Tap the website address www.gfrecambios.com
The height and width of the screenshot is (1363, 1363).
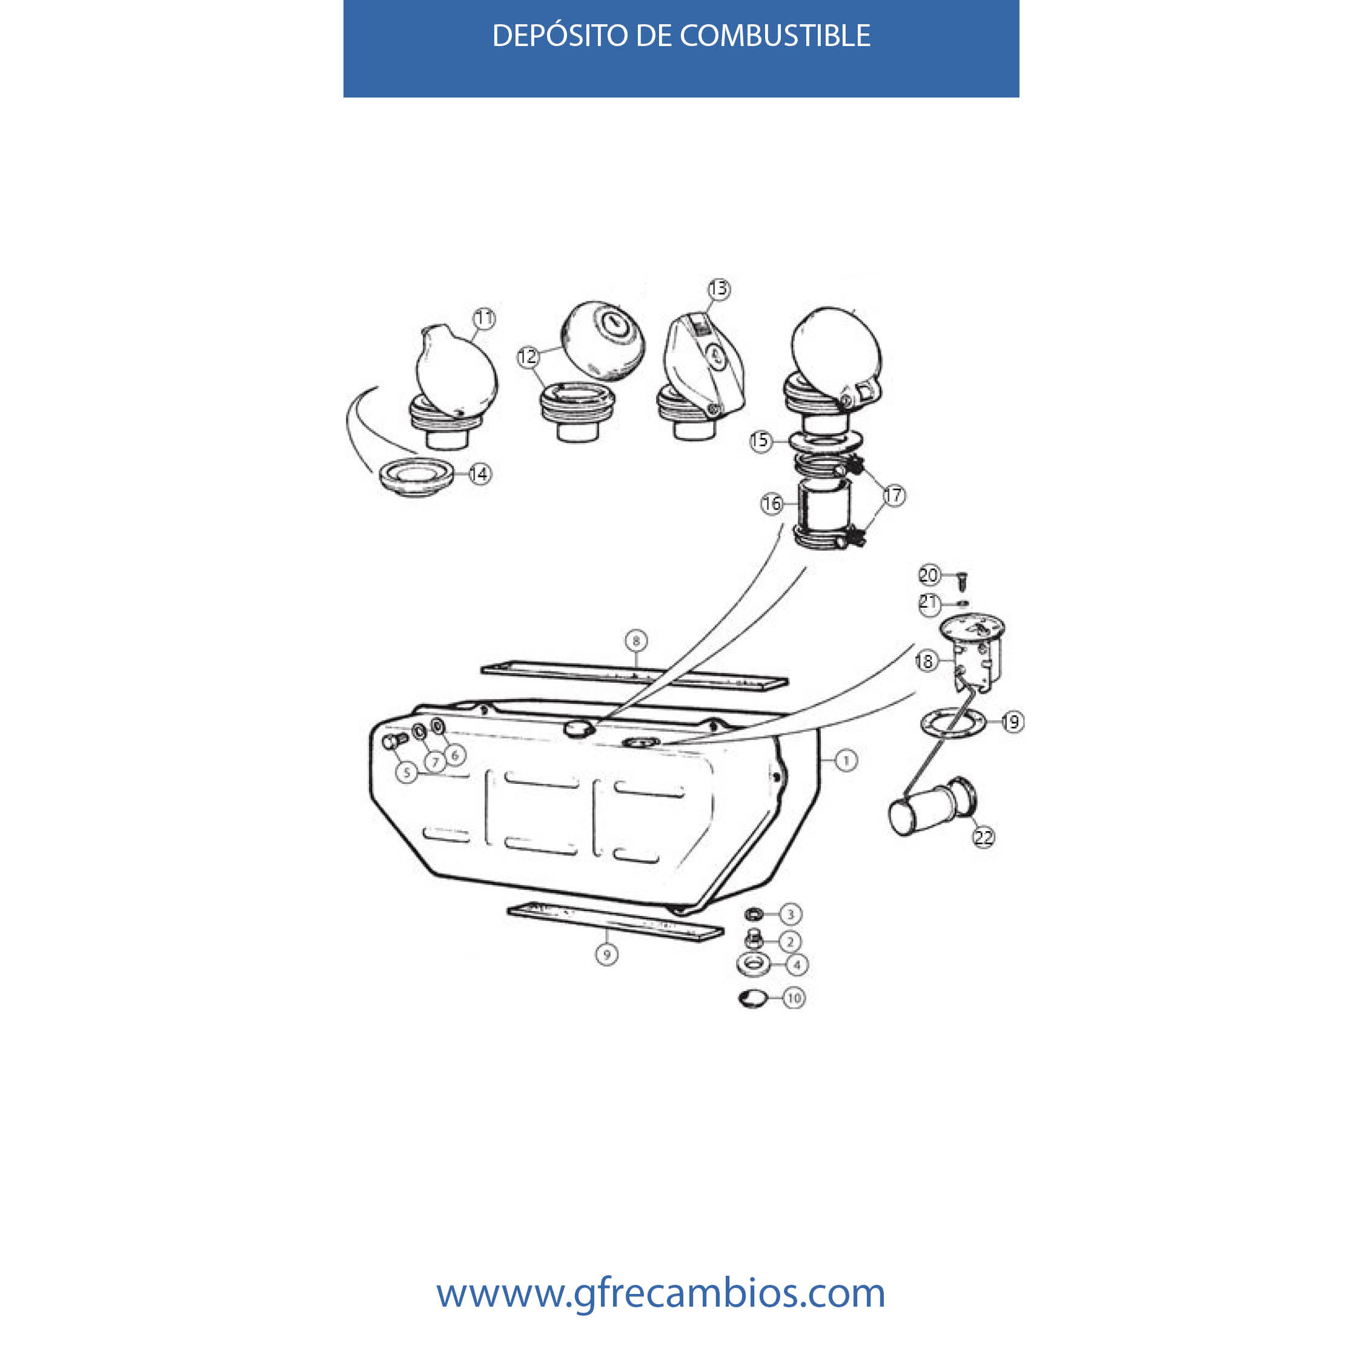(x=660, y=1293)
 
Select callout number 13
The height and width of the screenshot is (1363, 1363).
(x=718, y=288)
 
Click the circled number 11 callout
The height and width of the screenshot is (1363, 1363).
(x=484, y=319)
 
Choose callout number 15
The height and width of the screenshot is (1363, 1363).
(x=760, y=442)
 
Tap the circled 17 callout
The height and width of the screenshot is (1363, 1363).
(x=894, y=496)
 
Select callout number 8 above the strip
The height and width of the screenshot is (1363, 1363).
(x=636, y=640)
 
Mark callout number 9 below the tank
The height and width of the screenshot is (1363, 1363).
(x=607, y=955)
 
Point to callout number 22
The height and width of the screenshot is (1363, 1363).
(x=983, y=837)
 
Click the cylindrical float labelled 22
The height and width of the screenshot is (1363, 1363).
(x=933, y=806)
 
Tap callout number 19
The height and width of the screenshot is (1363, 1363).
(x=1012, y=721)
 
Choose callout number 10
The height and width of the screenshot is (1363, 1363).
(x=794, y=998)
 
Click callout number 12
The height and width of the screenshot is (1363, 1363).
(x=528, y=357)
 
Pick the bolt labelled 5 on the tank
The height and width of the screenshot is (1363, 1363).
(x=394, y=741)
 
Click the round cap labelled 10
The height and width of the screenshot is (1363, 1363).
(x=752, y=998)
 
